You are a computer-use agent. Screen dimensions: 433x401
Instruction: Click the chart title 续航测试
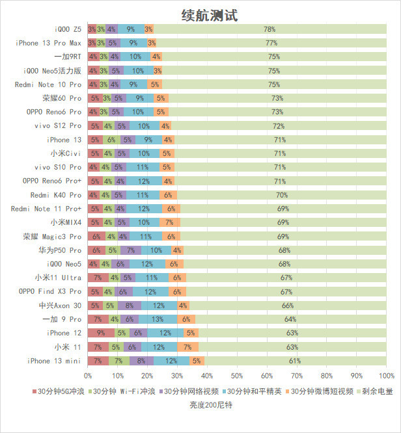click(x=209, y=15)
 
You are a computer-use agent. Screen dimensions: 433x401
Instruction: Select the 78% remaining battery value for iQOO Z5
click(x=270, y=29)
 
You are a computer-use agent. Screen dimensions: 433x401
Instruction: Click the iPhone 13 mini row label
click(x=55, y=361)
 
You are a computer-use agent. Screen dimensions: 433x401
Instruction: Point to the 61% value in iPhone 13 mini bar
click(x=294, y=361)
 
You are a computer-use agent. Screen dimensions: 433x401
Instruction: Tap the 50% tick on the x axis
click(x=237, y=376)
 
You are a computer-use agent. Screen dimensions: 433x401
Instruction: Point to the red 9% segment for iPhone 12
click(x=101, y=333)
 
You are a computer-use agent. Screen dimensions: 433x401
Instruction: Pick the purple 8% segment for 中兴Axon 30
click(x=129, y=306)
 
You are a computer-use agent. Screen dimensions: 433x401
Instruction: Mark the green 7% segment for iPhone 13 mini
click(x=118, y=361)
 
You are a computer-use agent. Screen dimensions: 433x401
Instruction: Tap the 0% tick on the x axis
click(x=88, y=376)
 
